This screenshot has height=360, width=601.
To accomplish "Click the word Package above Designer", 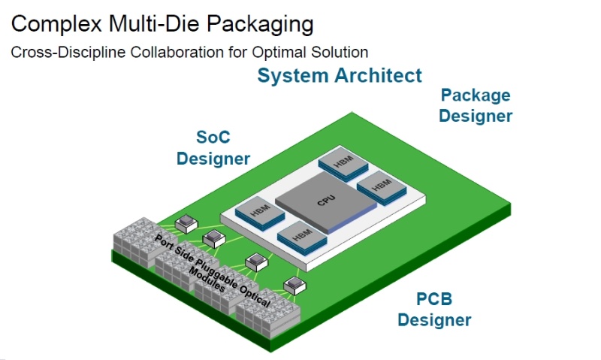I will (476, 95).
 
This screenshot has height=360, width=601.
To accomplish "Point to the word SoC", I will (213, 138).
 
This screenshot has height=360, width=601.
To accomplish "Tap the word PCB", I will (435, 300).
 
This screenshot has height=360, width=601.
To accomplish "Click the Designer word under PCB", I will (435, 320).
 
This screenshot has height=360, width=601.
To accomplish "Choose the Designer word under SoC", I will (213, 159).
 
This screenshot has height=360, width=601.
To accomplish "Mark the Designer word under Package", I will (476, 116).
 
